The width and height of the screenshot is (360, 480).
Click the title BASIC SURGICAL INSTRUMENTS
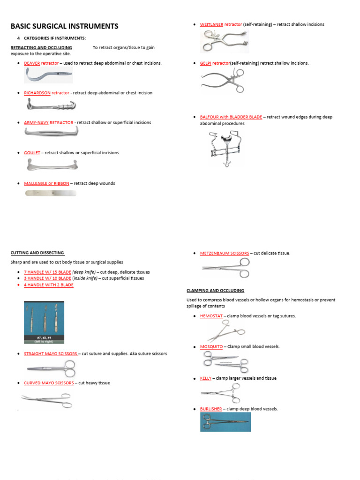tap(64, 26)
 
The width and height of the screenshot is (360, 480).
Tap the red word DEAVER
tap(32, 63)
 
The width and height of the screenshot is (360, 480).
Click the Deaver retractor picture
tap(48, 75)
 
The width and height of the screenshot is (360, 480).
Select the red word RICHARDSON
tap(37, 93)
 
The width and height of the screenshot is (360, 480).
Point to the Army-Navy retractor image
tap(51, 134)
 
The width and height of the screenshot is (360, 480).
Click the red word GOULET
tap(32, 153)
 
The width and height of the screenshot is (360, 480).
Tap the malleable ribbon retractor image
tap(50, 193)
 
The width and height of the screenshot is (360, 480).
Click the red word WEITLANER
tap(211, 24)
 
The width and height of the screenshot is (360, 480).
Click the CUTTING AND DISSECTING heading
tap(37, 253)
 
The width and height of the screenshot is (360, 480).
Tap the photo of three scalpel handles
tap(44, 322)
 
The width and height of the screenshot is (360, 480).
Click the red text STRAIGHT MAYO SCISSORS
tap(51, 353)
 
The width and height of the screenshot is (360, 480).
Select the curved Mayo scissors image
tap(46, 400)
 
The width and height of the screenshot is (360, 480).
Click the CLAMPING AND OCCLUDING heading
tap(215, 291)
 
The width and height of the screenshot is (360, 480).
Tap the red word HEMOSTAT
tap(211, 316)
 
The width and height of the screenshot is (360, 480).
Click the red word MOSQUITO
tap(211, 346)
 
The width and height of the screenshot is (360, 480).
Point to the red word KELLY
tap(206, 378)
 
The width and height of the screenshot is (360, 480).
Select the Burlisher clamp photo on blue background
tap(225, 422)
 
